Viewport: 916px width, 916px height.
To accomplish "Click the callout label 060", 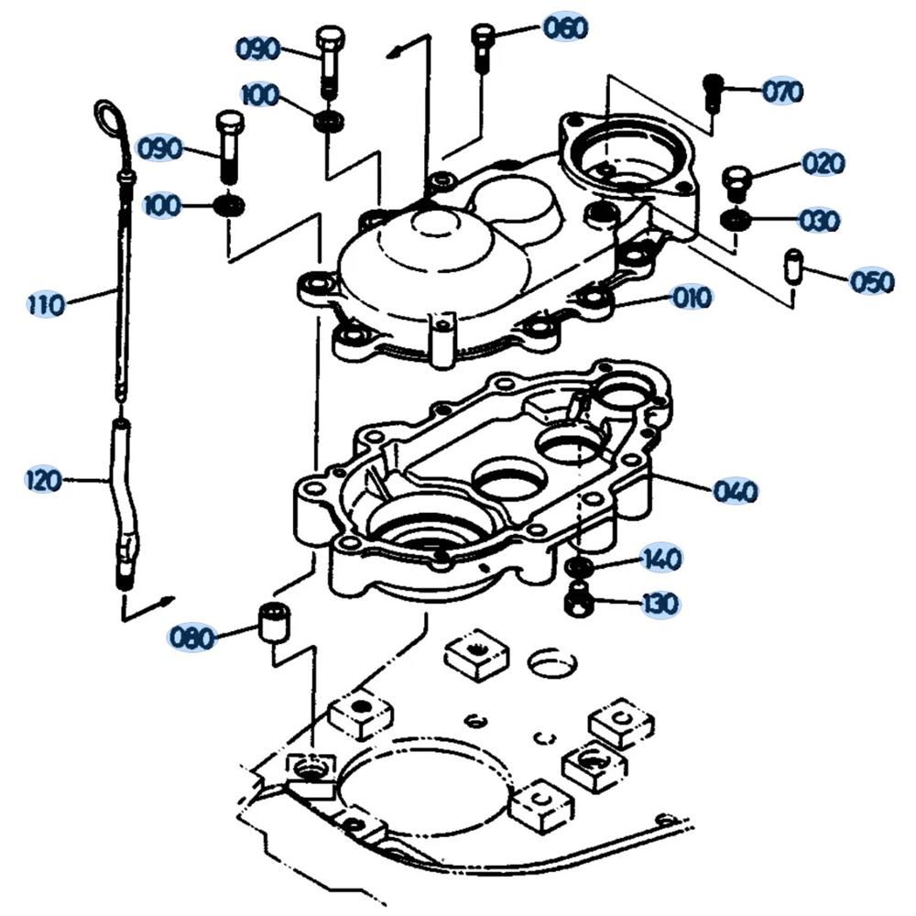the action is [565, 28].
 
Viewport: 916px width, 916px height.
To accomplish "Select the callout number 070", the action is [782, 91].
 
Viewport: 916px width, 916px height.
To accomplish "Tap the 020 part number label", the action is [823, 163].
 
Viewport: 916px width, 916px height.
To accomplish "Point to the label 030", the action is [820, 220].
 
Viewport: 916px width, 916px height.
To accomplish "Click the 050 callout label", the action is [872, 281].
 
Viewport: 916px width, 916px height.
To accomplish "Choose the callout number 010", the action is [692, 298].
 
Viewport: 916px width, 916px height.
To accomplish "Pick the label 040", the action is [735, 491].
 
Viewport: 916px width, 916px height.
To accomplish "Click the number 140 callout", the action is [662, 559].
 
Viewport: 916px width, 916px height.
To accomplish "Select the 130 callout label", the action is [660, 603].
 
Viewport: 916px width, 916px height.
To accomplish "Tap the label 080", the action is [191, 638].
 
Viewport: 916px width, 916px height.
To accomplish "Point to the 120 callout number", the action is [44, 480].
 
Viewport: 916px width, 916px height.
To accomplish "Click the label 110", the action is [46, 304].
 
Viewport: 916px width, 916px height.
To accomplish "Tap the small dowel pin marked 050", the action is [792, 267].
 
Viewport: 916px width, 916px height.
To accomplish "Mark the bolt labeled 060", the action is [482, 47].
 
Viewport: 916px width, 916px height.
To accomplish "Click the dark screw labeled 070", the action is [711, 93].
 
